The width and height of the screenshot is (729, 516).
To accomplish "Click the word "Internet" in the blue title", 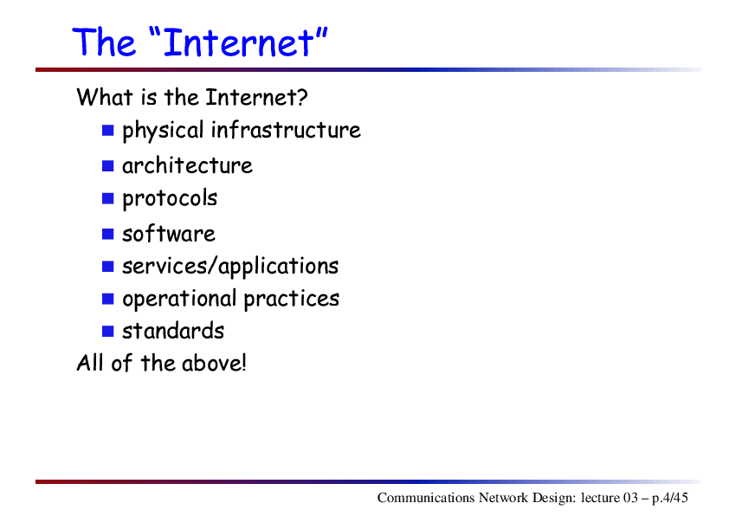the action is click(239, 42).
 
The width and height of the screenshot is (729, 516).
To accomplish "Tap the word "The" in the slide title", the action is click(104, 42).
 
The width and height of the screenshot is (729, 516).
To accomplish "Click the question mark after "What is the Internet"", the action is click(302, 97).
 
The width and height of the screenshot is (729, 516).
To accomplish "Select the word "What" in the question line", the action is click(105, 97).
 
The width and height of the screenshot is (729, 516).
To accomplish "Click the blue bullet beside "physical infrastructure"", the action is click(108, 130).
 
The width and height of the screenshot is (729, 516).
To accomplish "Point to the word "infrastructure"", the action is click(286, 130).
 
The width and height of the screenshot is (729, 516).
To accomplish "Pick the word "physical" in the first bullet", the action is click(163, 131).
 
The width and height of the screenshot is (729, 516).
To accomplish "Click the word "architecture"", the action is click(187, 166).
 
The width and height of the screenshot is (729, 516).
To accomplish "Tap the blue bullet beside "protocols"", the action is click(108, 198).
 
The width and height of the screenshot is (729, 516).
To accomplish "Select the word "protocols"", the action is click(170, 199).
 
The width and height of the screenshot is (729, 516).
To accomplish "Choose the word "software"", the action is click(169, 234).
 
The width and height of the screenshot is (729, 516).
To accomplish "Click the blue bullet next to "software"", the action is click(108, 234).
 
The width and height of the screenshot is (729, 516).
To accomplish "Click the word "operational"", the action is click(179, 300).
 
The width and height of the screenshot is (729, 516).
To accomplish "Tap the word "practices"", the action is click(292, 300).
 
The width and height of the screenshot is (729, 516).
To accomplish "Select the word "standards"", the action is click(173, 331).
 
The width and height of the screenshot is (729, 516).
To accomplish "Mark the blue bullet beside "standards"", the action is click(108, 331).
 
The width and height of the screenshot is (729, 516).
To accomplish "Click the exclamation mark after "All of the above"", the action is click(242, 363).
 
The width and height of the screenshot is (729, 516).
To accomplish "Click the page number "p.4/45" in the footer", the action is click(669, 499).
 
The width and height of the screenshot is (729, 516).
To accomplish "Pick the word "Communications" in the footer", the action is click(426, 498).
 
